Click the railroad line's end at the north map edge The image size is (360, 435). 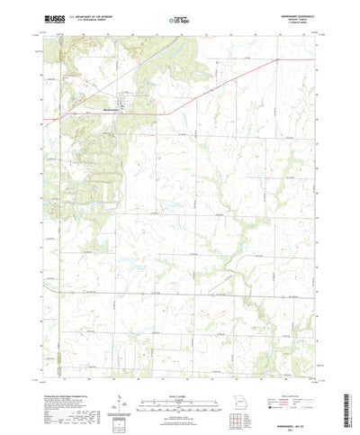tap(61, 36)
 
